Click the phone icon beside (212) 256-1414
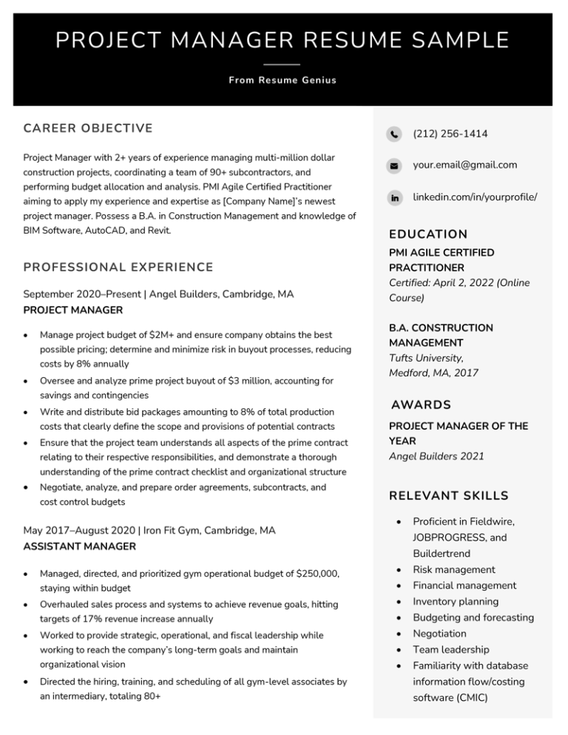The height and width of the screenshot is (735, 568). pyautogui.click(x=393, y=134)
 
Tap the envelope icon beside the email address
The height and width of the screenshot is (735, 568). pyautogui.click(x=393, y=166)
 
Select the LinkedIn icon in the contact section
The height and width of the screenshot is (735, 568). pyautogui.click(x=393, y=198)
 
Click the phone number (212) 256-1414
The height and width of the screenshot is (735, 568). pyautogui.click(x=450, y=134)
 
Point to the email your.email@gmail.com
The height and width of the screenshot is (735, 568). pyautogui.click(x=464, y=165)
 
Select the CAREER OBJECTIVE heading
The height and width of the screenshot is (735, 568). pyautogui.click(x=88, y=129)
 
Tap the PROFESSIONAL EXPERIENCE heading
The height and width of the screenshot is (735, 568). pyautogui.click(x=118, y=267)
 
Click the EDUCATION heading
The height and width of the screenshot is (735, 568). pyautogui.click(x=428, y=234)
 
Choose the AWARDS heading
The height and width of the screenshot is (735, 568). pyautogui.click(x=421, y=405)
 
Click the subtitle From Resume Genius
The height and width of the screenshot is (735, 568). pyautogui.click(x=283, y=80)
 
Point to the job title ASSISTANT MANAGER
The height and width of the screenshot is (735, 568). pyautogui.click(x=80, y=546)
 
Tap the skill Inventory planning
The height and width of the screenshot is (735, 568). pyautogui.click(x=456, y=602)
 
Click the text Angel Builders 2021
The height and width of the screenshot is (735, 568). pyautogui.click(x=436, y=457)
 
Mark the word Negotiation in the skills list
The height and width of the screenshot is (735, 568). pyautogui.click(x=439, y=634)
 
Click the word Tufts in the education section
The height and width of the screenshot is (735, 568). pyautogui.click(x=403, y=358)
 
